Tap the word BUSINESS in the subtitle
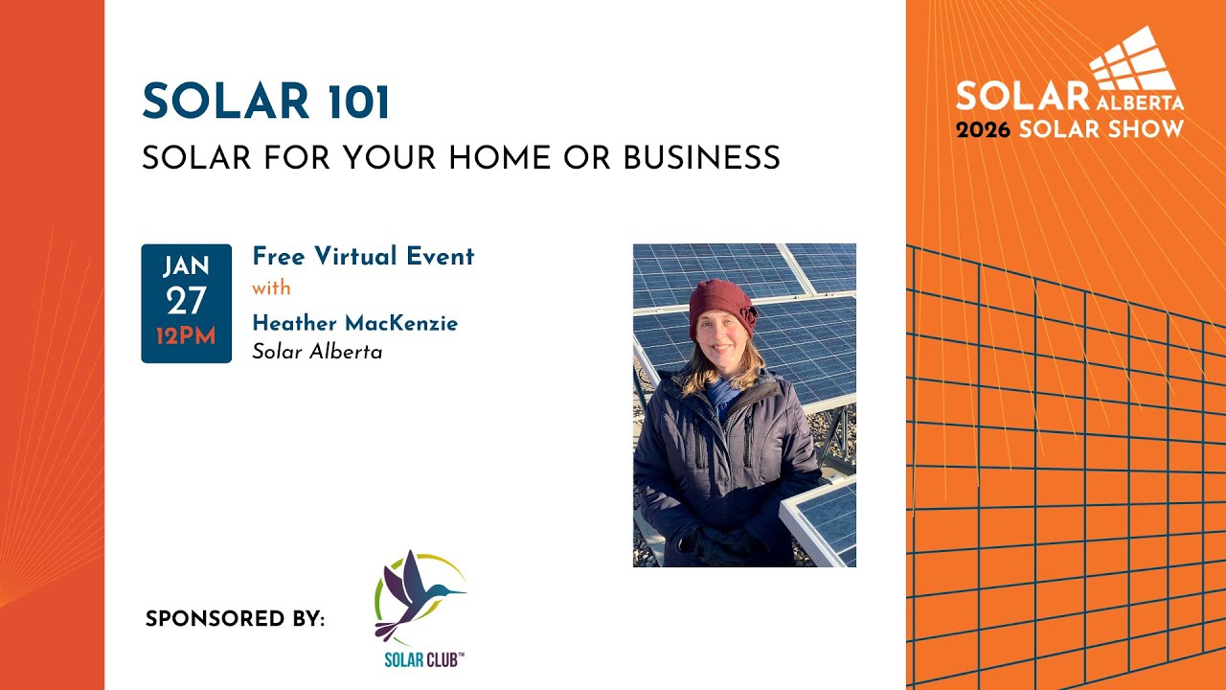click(x=701, y=158)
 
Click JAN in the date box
click(x=186, y=267)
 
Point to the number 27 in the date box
click(x=186, y=302)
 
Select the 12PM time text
click(x=186, y=336)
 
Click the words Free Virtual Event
click(x=363, y=257)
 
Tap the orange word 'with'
click(x=271, y=288)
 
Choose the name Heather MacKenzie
click(x=354, y=323)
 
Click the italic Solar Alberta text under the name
click(x=317, y=352)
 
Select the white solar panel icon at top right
click(x=1133, y=59)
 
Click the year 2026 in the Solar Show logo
click(x=983, y=129)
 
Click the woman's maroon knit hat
click(x=720, y=307)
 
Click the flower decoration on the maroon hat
click(x=745, y=313)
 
